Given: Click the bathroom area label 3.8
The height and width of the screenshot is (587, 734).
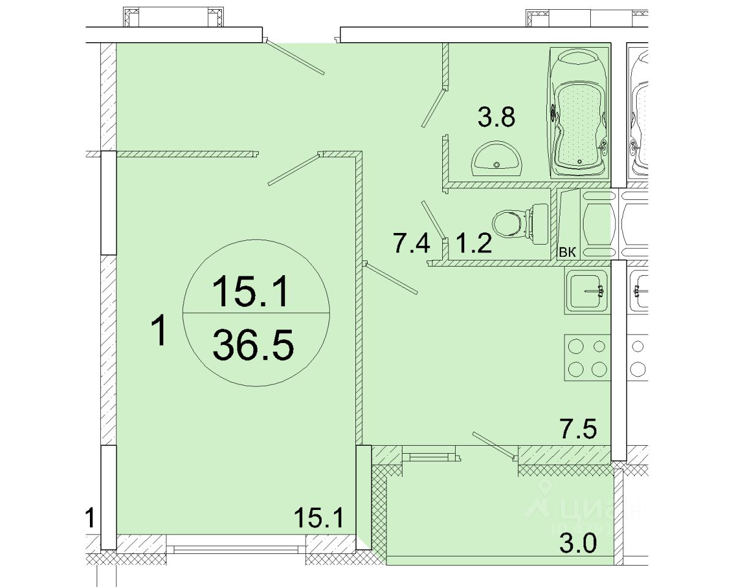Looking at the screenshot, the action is pyautogui.click(x=496, y=117).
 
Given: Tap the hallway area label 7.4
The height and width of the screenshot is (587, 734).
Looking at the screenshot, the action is pyautogui.click(x=411, y=243).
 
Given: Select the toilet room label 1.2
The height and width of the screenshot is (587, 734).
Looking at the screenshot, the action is pyautogui.click(x=474, y=243).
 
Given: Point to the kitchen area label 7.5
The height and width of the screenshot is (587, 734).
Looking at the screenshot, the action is pyautogui.click(x=579, y=429).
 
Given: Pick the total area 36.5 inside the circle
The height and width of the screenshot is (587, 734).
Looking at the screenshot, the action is pyautogui.click(x=253, y=345).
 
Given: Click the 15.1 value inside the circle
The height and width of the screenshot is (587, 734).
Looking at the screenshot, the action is pyautogui.click(x=251, y=291).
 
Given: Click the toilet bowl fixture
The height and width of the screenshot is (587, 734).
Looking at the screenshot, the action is pyautogui.click(x=521, y=224).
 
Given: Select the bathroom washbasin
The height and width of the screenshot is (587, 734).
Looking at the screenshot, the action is pyautogui.click(x=496, y=159).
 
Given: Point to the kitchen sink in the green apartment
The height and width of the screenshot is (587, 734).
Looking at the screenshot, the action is pyautogui.click(x=587, y=292).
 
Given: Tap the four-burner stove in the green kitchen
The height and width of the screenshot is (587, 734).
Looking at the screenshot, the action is pyautogui.click(x=587, y=357).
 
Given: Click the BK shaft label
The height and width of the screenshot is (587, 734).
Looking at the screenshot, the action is pyautogui.click(x=568, y=253).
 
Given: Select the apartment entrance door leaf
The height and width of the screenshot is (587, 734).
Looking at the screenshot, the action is pyautogui.click(x=294, y=57).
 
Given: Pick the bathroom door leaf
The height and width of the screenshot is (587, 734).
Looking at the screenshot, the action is pyautogui.click(x=434, y=108).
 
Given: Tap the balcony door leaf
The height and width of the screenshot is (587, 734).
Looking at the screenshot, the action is pyautogui.click(x=494, y=446).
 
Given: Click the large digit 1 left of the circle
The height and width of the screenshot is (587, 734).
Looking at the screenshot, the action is pyautogui.click(x=158, y=330).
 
